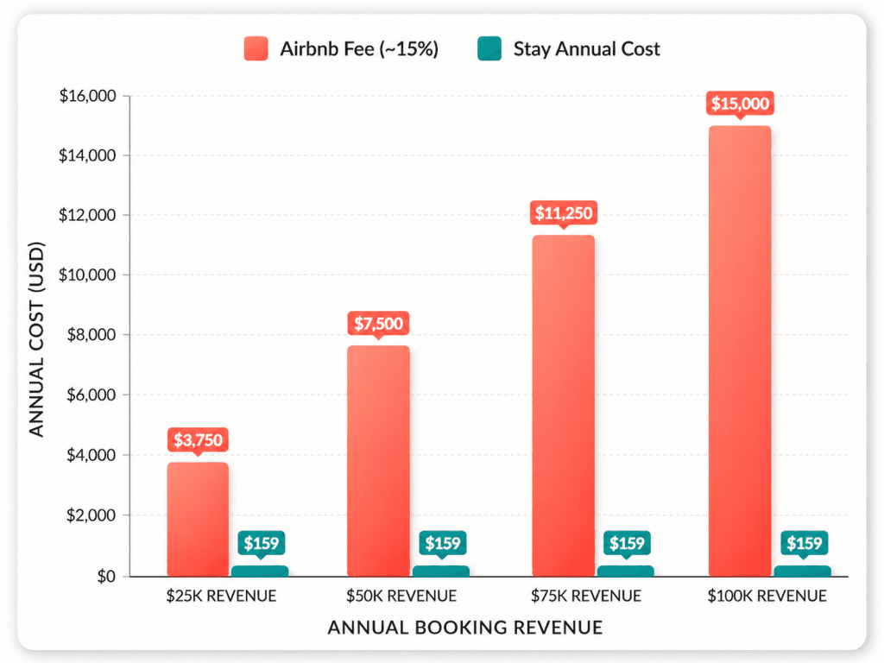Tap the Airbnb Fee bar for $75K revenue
563,405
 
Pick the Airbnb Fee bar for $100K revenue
740,350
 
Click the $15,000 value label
740,104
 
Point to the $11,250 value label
563,212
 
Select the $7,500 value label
378,324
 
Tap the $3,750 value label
198,440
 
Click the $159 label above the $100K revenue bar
804,544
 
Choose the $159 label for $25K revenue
261,544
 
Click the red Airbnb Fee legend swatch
256,48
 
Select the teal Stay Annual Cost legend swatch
489,48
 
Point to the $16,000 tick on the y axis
87,96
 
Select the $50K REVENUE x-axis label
401,596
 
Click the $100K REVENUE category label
767,596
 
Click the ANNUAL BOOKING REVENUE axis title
464,627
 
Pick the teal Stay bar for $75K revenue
626,571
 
